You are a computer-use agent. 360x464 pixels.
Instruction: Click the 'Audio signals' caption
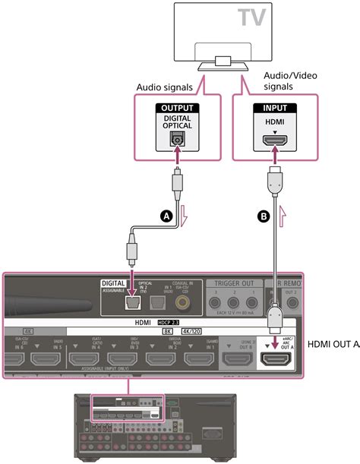(163, 89)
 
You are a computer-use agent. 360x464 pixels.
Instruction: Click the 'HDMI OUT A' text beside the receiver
(335, 344)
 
